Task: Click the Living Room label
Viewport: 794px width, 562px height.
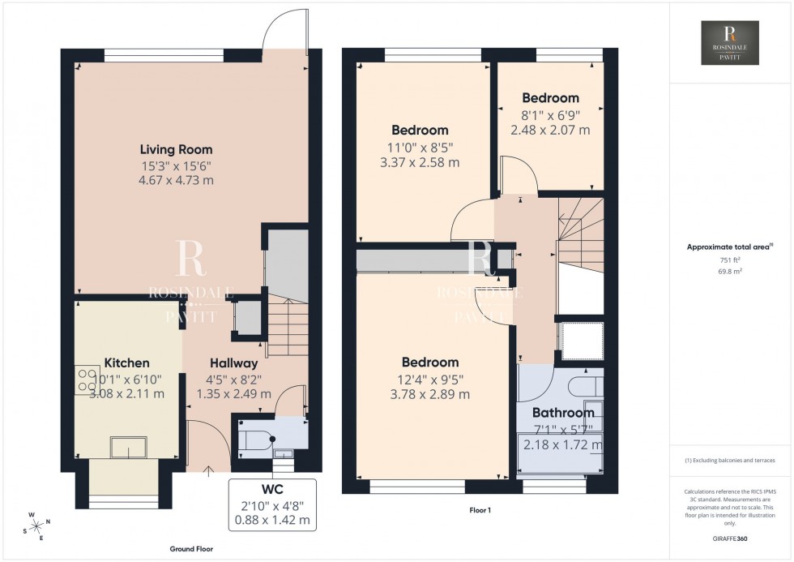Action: pos(176,149)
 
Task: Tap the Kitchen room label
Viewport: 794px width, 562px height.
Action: pos(126,363)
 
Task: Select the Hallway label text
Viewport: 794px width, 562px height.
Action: pos(233,363)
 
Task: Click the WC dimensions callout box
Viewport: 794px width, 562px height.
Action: pos(272,504)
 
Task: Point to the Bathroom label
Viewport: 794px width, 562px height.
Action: pos(563,413)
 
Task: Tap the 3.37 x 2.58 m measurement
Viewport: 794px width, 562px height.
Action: pos(420,161)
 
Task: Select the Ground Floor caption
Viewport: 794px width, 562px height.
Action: pos(191,549)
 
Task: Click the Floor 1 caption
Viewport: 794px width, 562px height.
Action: pos(480,510)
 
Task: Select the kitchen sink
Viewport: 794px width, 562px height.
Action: pos(128,446)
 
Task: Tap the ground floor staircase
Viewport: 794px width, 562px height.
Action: pos(285,324)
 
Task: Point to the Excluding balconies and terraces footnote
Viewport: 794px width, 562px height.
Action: pos(730,460)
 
